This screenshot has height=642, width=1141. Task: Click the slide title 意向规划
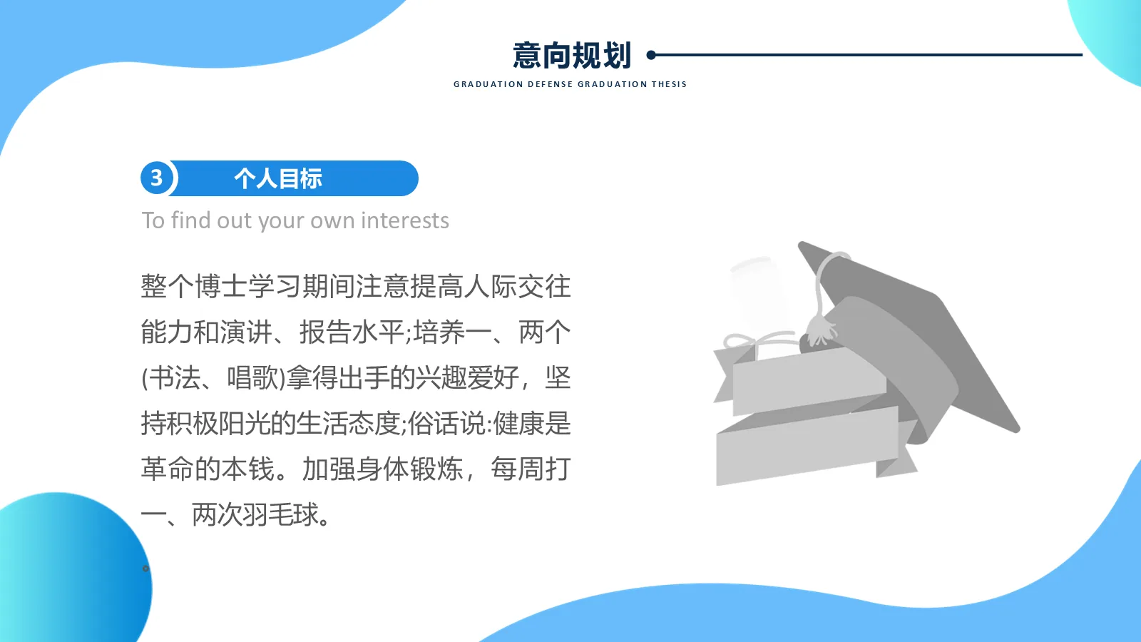(x=572, y=56)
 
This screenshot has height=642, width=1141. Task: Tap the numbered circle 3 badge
(x=157, y=178)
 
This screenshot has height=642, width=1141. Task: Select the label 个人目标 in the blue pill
(x=278, y=178)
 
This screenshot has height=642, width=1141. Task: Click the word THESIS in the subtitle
(x=669, y=84)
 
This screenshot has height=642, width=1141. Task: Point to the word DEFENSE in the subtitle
(x=550, y=84)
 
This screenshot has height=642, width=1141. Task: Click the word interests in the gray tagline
(x=405, y=221)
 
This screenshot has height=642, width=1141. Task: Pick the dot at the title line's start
(x=651, y=55)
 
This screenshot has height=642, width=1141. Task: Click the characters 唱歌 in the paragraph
(x=253, y=378)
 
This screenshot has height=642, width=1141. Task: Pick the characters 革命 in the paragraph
(x=168, y=469)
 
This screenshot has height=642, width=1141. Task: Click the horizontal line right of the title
(x=870, y=55)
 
